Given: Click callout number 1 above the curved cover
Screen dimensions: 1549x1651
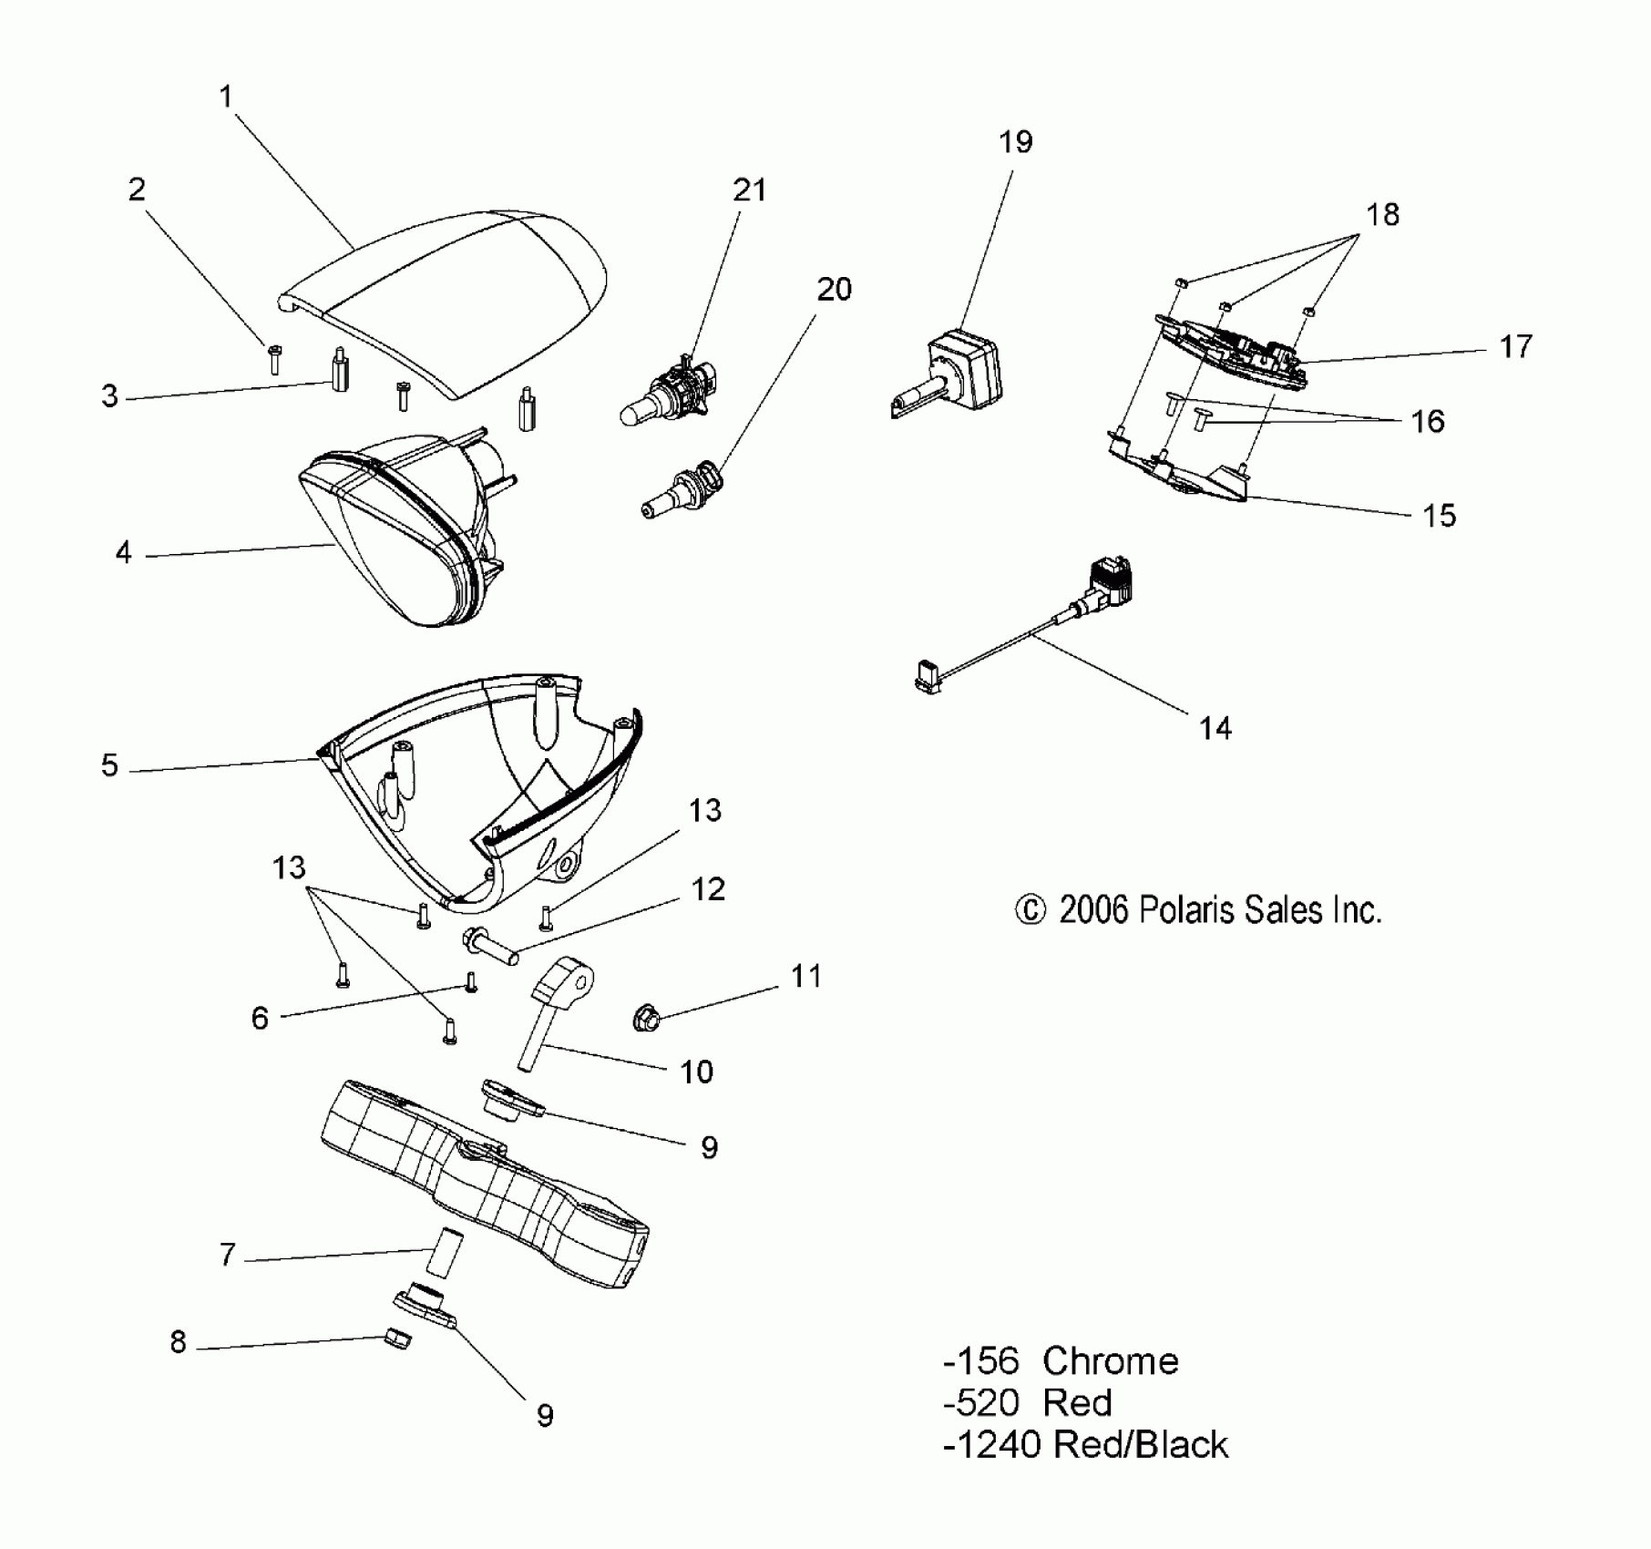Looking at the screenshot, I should coord(227,97).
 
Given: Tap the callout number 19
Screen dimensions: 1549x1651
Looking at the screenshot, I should coord(1016,142).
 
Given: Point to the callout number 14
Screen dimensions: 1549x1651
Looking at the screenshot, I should coord(1215,728).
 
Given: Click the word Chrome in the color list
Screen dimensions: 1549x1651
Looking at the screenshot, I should coord(1110,1361).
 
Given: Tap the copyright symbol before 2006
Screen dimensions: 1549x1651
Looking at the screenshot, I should coord(1031,910).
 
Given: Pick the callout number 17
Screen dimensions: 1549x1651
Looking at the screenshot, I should coord(1516,346).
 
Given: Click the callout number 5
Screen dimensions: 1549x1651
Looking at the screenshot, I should coord(110,765).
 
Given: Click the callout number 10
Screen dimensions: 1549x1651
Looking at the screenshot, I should coord(696,1072).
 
